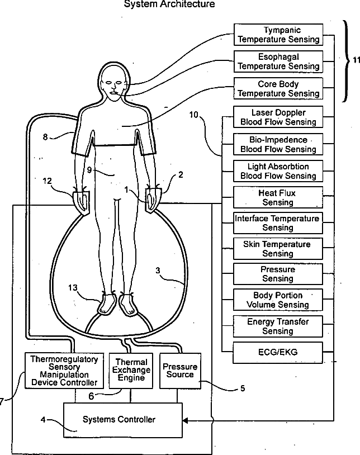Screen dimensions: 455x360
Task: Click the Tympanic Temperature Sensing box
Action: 278,35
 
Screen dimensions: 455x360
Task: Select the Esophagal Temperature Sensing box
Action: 278,61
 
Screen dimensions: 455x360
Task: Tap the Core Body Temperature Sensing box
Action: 278,88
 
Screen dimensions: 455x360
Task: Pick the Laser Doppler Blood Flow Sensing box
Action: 278,117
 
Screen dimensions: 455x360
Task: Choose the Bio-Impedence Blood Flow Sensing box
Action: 278,144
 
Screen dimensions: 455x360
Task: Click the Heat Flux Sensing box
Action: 278,197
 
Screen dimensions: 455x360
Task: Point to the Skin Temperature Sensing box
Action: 278,249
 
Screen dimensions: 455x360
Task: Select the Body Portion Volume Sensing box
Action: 278,300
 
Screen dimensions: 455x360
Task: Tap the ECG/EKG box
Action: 278,352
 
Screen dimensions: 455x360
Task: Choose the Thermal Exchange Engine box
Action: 132,370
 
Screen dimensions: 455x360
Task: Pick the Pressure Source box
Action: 179,370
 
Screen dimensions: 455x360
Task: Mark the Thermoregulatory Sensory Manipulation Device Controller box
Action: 64,371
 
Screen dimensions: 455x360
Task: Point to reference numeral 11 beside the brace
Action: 356,61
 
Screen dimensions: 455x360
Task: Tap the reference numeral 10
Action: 195,115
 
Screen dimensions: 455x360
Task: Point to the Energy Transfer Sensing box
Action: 278,326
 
